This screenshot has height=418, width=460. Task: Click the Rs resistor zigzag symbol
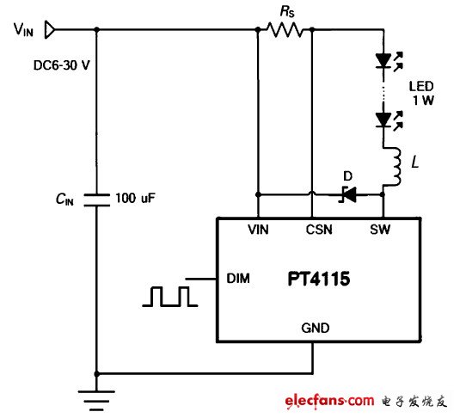point(283,30)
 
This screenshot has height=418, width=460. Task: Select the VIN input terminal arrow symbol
point(51,30)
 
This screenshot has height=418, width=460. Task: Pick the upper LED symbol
point(383,61)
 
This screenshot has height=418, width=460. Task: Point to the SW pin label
point(381,231)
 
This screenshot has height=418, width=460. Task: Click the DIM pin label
point(236,278)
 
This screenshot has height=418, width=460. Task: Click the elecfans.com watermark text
point(326,401)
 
